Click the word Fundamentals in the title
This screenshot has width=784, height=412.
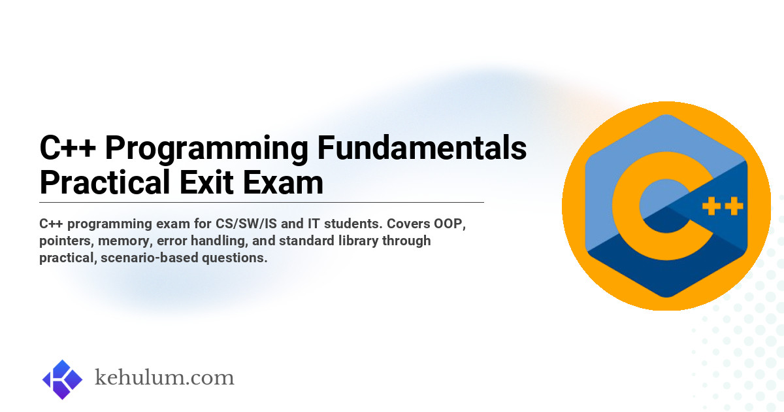click(x=422, y=148)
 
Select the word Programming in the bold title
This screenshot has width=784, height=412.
click(x=206, y=150)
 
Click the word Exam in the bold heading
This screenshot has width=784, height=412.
click(x=283, y=182)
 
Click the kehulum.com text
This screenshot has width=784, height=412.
click(x=164, y=378)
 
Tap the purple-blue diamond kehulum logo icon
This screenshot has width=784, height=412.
click(x=62, y=379)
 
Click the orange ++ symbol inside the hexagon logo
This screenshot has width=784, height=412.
click(x=723, y=206)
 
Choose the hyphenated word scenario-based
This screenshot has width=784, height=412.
click(x=149, y=258)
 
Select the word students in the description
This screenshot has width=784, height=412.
click(x=353, y=224)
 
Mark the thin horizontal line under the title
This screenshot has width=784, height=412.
click(x=261, y=203)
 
